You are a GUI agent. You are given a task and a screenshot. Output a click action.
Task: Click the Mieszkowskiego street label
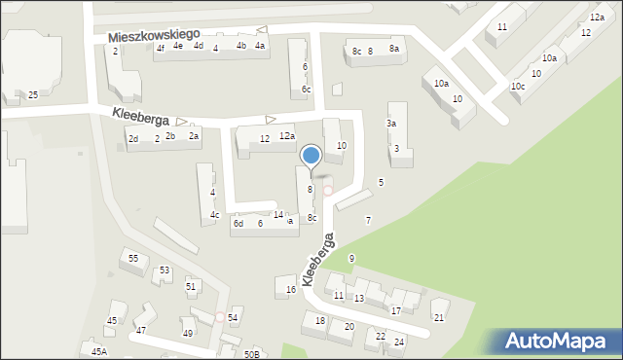[x=154, y=35]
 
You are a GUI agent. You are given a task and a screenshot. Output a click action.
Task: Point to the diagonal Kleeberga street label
[x=318, y=259]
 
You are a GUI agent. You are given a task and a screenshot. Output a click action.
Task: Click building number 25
[x=32, y=94]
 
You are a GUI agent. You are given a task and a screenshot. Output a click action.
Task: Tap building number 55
[x=133, y=258]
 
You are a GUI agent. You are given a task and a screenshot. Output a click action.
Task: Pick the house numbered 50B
[x=251, y=354]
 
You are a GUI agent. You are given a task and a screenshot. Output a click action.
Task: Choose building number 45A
[x=98, y=351]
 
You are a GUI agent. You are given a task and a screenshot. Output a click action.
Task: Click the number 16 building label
[x=291, y=290]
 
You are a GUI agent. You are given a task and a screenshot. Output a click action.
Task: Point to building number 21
[x=439, y=317]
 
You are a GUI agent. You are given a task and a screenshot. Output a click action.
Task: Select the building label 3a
[x=391, y=124]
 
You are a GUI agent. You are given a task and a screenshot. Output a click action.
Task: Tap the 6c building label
[x=306, y=90]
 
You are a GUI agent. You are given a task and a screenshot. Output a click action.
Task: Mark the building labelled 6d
[x=238, y=224]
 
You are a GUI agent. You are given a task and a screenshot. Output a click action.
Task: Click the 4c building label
[x=215, y=215]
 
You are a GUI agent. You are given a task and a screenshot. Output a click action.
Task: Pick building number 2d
[x=133, y=139]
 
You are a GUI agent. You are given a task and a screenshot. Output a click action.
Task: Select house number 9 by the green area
[x=351, y=258]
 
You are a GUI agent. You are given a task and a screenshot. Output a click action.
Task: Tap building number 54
[x=233, y=318]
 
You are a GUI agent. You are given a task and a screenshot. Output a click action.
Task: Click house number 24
[x=398, y=342]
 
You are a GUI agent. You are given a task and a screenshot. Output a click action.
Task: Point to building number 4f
[x=161, y=48]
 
